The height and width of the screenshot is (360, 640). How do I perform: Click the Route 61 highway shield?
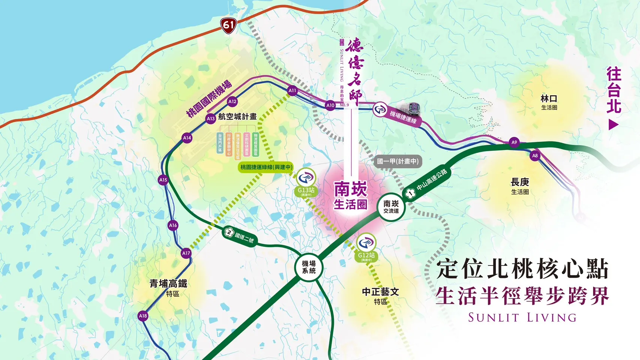pos(228,25)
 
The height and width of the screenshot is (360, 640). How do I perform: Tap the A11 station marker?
pos(292,90)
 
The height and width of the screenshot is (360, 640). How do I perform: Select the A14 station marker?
pos(187,138)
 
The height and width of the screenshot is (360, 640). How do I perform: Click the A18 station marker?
pos(143,316)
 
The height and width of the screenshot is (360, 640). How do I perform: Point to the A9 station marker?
pos(514,142)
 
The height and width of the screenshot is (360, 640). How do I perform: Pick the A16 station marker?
pos(173,225)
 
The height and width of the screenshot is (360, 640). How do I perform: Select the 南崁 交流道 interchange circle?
pos(391,207)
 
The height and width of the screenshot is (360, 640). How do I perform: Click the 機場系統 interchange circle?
pos(309,267)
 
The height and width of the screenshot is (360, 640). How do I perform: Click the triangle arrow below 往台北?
pos(613,124)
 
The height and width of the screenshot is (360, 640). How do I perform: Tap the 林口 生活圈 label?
pos(549,102)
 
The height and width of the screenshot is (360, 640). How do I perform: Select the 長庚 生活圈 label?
pos(520,186)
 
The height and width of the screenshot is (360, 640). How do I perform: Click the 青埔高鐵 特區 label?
pos(168,288)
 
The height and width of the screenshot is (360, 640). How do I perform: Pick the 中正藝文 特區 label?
pos(380,296)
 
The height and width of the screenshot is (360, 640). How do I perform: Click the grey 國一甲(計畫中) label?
pos(398,161)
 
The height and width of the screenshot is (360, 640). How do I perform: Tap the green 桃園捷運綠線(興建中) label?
pos(266,167)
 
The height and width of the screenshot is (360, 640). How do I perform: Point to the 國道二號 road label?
pos(240,235)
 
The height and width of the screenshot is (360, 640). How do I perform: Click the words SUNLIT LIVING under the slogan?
pos(522,318)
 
